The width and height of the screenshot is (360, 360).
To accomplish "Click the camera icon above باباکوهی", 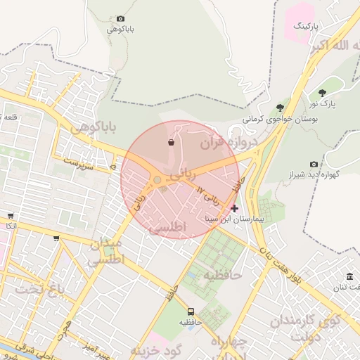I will [x=120, y=19].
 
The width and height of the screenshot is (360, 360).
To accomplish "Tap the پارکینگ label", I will [x=306, y=26].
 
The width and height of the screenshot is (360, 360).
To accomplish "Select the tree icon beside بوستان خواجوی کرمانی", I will [x=281, y=108].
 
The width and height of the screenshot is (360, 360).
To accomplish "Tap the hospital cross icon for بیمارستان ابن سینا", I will [x=234, y=208].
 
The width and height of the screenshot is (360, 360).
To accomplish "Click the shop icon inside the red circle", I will [x=171, y=143].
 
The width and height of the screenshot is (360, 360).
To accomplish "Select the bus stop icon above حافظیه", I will [x=191, y=311].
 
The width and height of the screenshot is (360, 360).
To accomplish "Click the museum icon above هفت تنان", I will [x=350, y=275].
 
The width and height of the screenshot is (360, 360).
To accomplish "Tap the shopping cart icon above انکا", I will [x=10, y=216].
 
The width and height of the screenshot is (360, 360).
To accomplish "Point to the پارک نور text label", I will [x=323, y=104].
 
